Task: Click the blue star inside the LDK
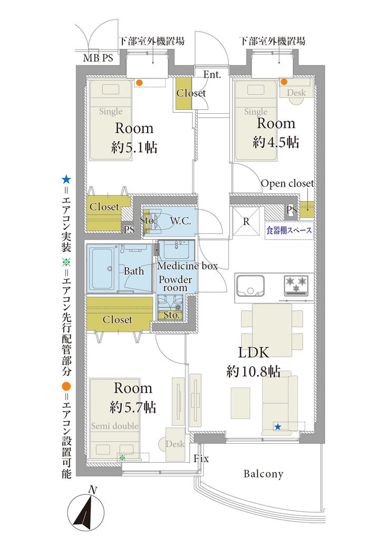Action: click(278, 427)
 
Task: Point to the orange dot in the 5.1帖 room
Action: click(139, 83)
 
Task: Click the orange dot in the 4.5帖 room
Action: click(284, 82)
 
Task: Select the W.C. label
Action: click(180, 221)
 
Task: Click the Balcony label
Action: click(264, 474)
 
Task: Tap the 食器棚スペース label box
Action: click(289, 230)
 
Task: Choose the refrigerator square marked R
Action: click(246, 221)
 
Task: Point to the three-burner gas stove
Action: click(296, 285)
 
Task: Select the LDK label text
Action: click(253, 353)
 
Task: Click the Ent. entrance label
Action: click(212, 74)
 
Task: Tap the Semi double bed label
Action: click(114, 426)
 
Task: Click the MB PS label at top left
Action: click(98, 57)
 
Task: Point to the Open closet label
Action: click(287, 183)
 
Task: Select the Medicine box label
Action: click(188, 266)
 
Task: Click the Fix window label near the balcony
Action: click(201, 458)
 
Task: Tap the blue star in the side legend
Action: click(66, 180)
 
